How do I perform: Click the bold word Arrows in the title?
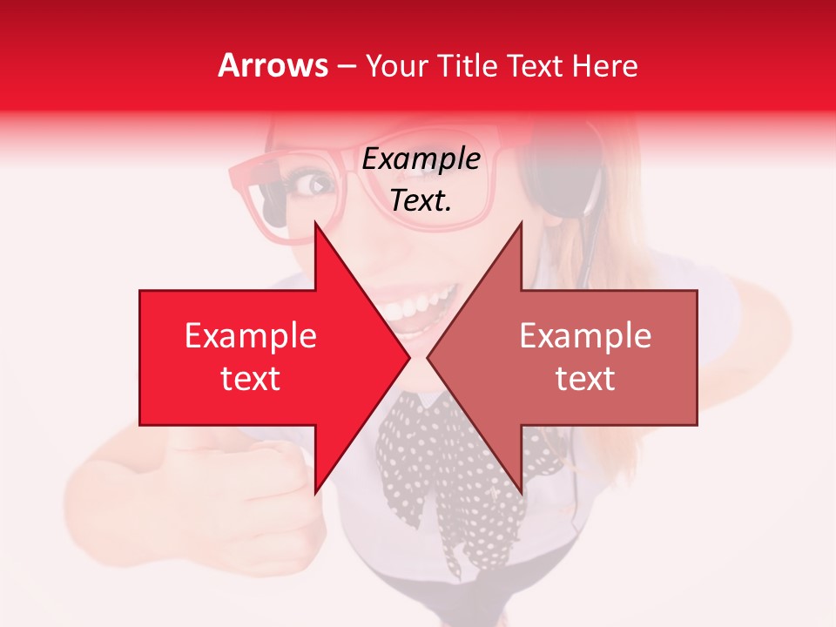click(x=273, y=65)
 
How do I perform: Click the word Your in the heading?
click(x=396, y=66)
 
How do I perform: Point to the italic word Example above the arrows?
click(x=421, y=159)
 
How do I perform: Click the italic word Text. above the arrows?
click(x=421, y=200)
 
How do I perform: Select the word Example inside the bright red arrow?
click(x=251, y=336)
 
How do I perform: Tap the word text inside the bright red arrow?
click(x=251, y=378)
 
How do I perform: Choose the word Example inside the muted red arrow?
click(x=585, y=336)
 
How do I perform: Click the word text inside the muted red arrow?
click(x=585, y=378)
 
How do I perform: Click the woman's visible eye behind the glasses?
click(x=314, y=185)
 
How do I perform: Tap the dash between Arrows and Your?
click(x=346, y=67)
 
